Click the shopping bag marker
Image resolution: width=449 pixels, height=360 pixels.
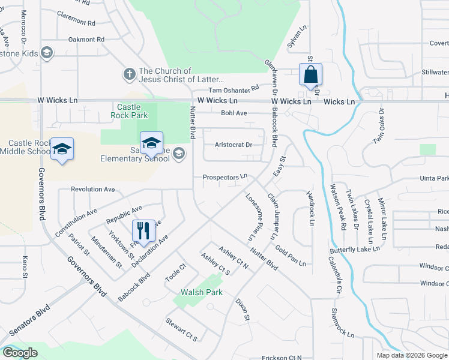click(310, 76)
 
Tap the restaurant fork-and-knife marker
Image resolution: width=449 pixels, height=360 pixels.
click(143, 230)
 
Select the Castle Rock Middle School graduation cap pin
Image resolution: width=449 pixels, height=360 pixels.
click(62, 149)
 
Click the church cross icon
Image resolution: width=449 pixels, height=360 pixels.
click(129, 74)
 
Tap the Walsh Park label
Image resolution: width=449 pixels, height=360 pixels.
click(202, 292)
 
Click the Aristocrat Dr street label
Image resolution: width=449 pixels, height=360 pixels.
click(234, 145)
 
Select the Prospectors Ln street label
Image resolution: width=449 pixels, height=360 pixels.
click(225, 177)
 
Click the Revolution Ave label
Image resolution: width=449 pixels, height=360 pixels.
click(92, 189)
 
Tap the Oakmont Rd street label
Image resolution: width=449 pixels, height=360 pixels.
click(86, 40)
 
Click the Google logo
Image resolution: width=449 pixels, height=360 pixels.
click(19, 353)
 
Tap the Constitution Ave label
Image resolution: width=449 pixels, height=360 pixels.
click(76, 221)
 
